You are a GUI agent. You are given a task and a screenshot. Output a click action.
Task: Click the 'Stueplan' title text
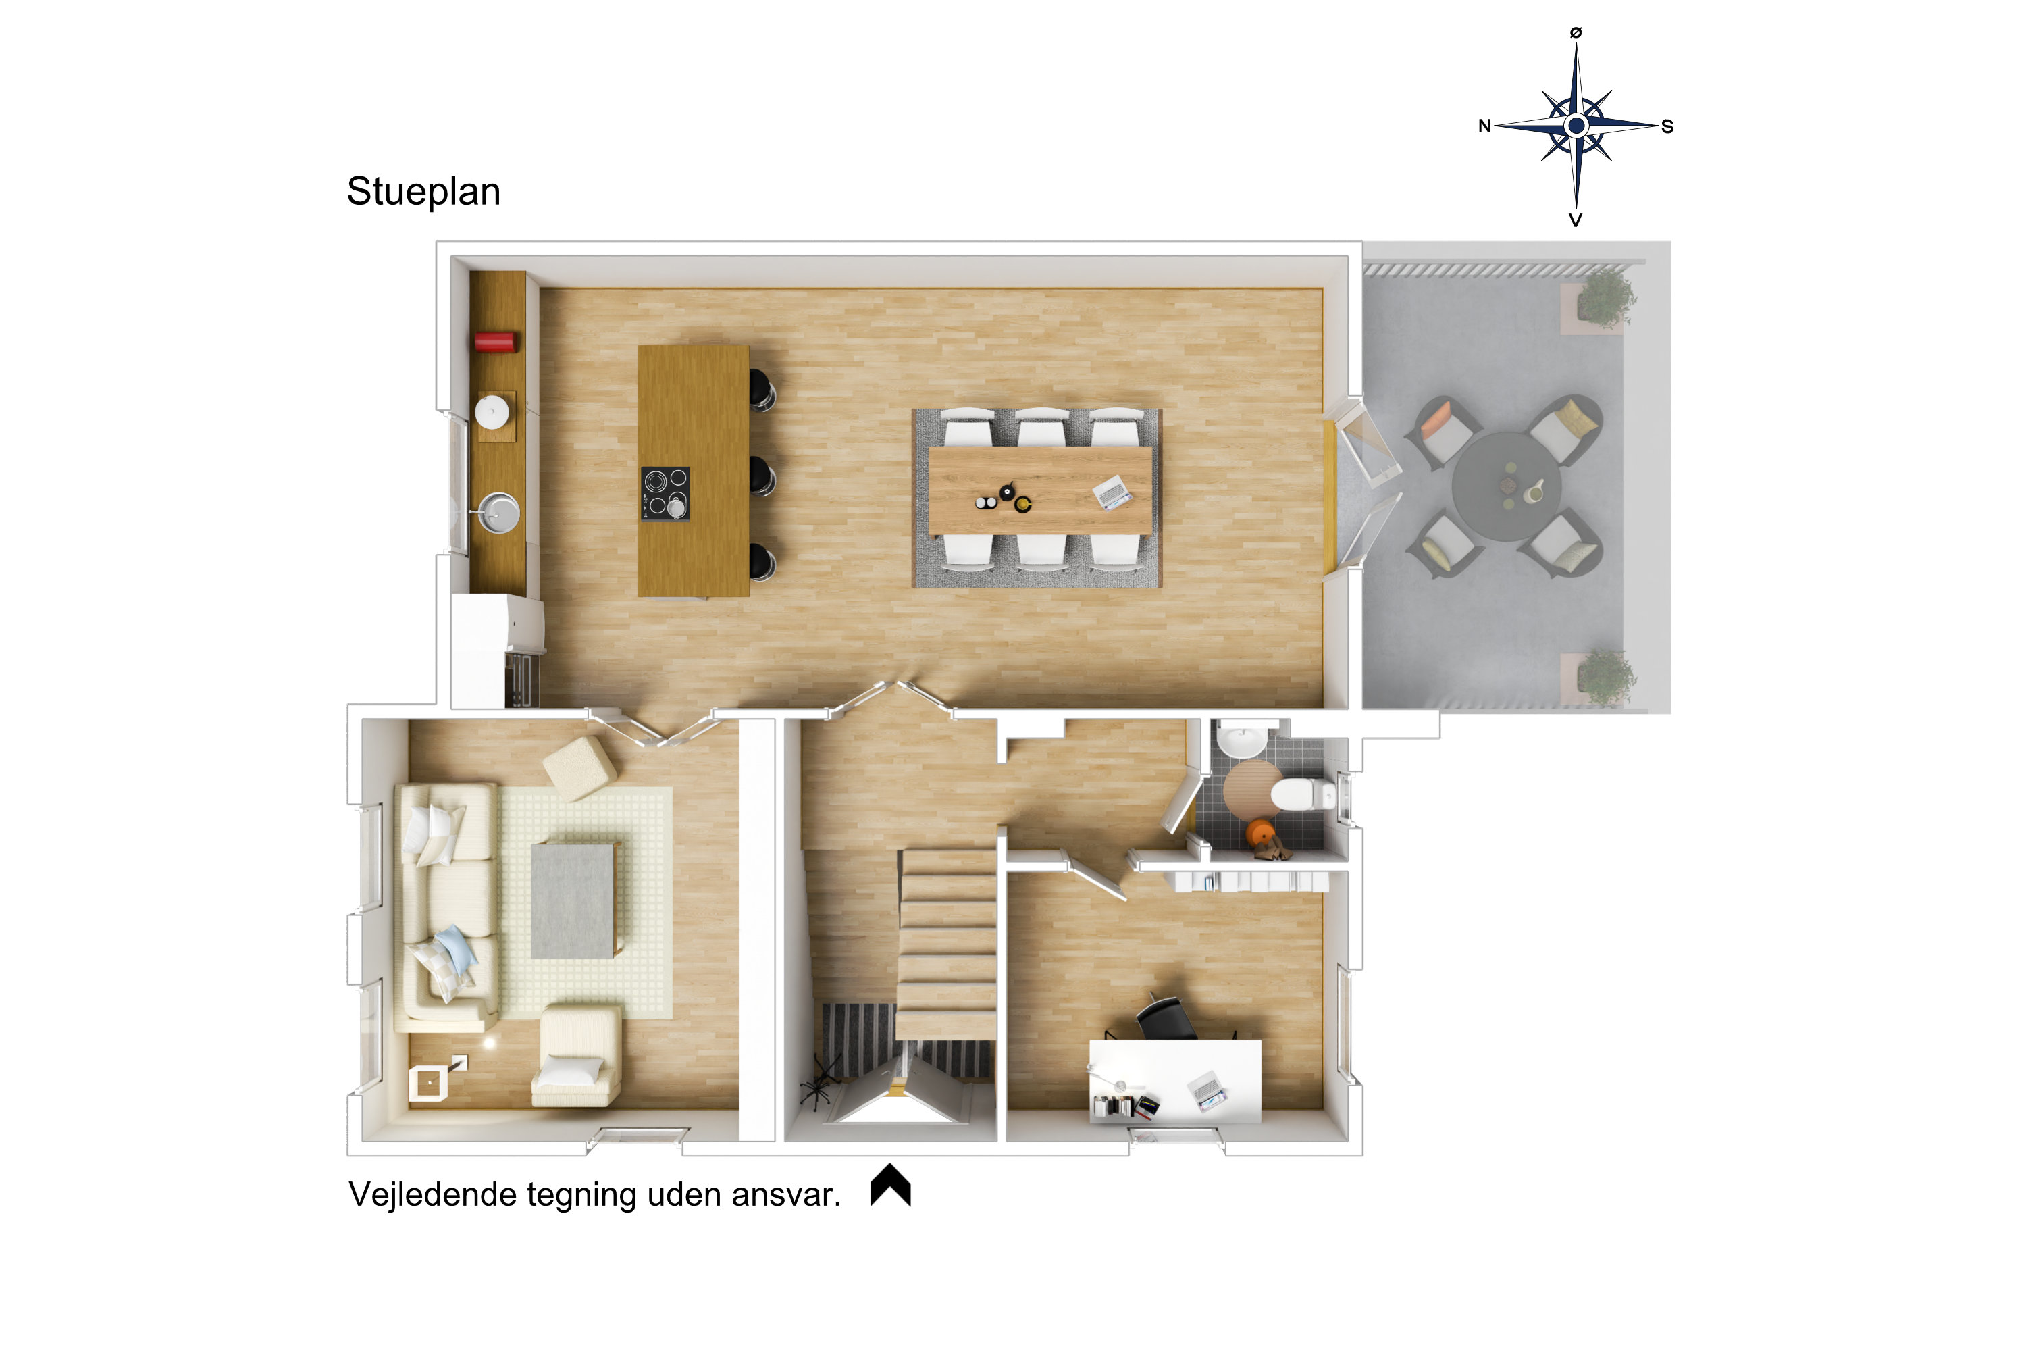tap(423, 192)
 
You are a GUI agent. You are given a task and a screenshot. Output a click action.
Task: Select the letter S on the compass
tap(1667, 127)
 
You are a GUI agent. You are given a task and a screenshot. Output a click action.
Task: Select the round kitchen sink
tap(499, 513)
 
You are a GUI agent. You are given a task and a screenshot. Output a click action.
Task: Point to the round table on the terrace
tap(1505, 486)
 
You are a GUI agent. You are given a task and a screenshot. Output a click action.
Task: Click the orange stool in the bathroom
tap(1259, 833)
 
